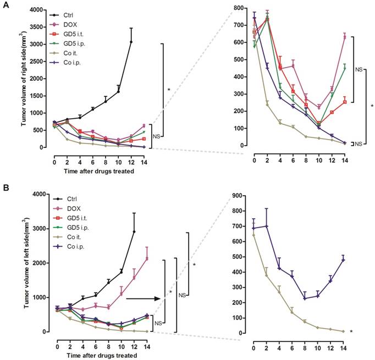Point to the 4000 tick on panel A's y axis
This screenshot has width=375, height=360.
pyautogui.click(x=37, y=10)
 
